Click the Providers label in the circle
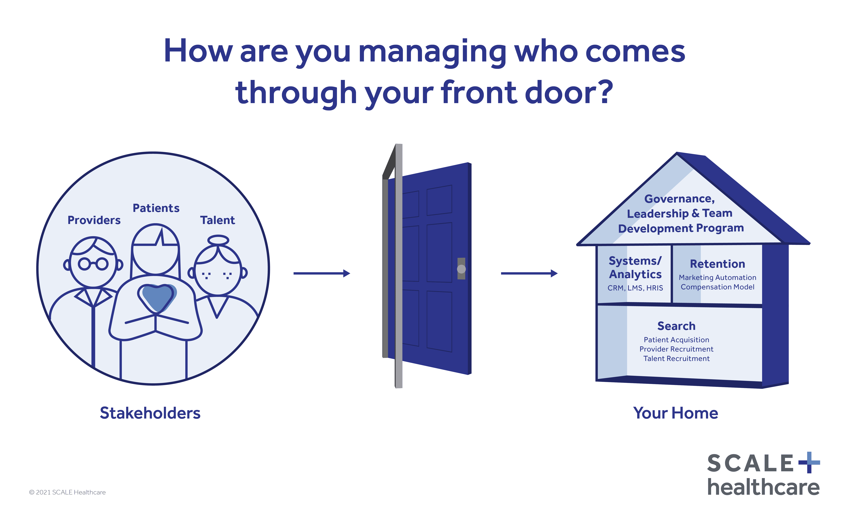[94, 220]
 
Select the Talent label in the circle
[217, 220]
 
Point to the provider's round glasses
[93, 264]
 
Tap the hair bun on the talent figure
[218, 240]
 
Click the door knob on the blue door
[461, 269]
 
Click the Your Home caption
[676, 413]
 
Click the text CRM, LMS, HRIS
[635, 288]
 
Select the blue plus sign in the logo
[809, 462]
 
